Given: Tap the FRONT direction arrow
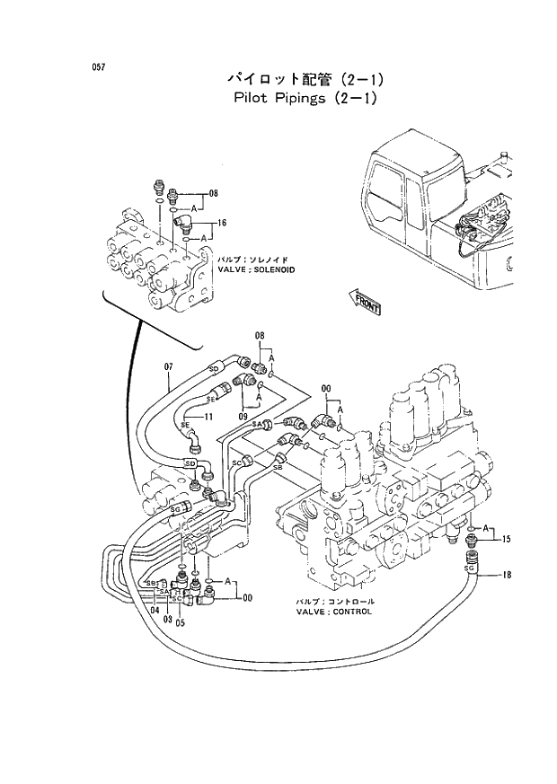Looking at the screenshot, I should tap(365, 302).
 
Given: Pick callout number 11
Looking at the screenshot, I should tap(207, 417).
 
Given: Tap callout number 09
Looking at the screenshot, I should tap(243, 417).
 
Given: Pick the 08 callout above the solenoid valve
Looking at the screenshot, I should tap(214, 193).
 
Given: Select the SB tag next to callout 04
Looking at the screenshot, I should tap(150, 583).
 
